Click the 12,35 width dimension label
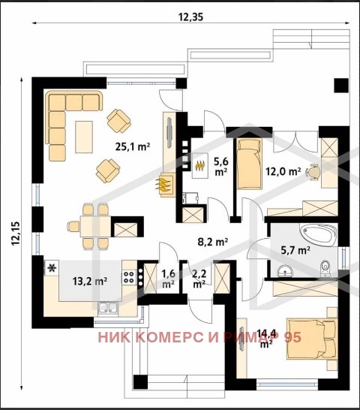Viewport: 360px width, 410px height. click(190, 17)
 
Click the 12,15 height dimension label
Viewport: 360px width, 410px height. click(16, 234)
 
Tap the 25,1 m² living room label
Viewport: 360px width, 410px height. click(133, 146)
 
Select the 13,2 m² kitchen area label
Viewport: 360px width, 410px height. click(90, 281)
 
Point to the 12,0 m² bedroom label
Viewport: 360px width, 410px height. click(283, 171)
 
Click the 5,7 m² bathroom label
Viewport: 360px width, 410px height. click(295, 250)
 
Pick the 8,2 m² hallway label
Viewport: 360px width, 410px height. click(213, 242)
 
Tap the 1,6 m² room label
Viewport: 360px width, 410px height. click(168, 279)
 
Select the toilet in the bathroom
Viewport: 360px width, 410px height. click(325, 268)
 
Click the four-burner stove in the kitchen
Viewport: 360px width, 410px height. click(129, 277)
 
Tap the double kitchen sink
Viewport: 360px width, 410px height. click(108, 309)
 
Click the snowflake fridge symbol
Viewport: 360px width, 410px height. click(52, 267)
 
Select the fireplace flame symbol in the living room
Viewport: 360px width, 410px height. click(163, 185)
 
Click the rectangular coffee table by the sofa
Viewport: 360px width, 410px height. click(84, 137)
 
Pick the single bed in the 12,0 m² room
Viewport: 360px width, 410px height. click(249, 164)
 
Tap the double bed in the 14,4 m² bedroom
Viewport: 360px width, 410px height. click(312, 339)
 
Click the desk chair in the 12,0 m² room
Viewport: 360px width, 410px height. click(313, 172)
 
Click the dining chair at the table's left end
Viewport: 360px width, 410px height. click(73, 226)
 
